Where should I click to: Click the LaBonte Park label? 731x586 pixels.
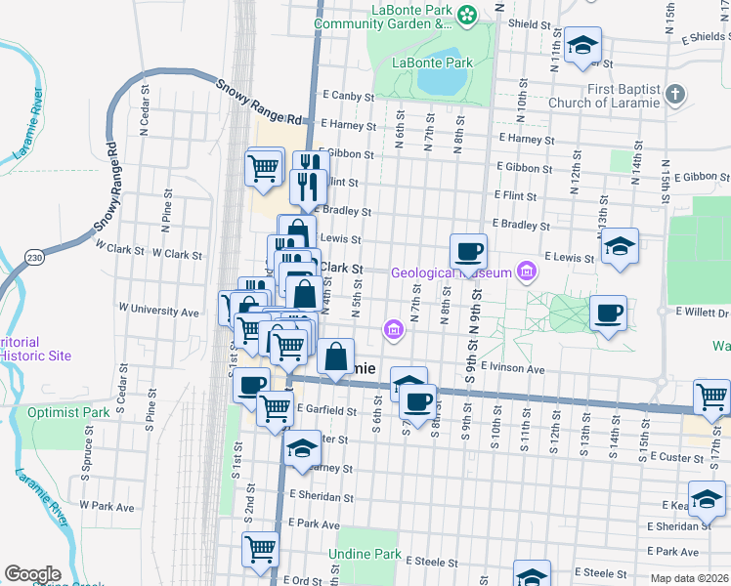click(x=432, y=63)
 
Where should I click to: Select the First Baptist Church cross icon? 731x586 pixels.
click(x=674, y=95)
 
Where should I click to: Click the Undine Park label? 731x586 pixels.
click(x=369, y=554)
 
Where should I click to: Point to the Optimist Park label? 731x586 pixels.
click(x=69, y=413)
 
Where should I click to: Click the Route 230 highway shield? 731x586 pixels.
click(x=35, y=258)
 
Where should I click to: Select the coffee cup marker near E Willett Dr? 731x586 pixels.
click(x=608, y=314)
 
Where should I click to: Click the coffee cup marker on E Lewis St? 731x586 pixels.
click(x=468, y=251)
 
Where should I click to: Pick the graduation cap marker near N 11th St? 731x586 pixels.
click(x=582, y=45)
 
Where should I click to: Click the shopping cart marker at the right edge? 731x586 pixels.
click(x=711, y=397)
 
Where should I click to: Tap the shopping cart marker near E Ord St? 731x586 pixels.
click(x=260, y=549)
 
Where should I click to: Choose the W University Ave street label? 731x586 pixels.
click(x=158, y=312)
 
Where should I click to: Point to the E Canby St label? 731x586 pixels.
click(x=349, y=96)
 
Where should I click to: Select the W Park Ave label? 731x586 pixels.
click(x=107, y=506)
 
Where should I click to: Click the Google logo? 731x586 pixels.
click(x=33, y=574)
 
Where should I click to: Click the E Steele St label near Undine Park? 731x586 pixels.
click(x=431, y=563)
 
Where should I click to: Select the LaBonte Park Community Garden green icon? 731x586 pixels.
click(x=468, y=14)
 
